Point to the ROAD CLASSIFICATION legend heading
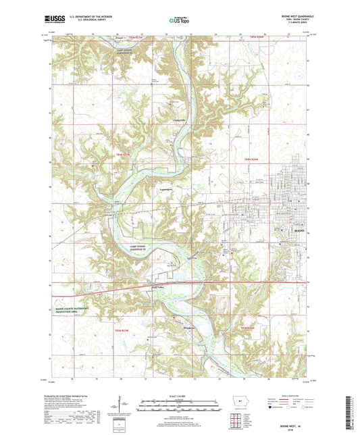pyautogui.click(x=288, y=395)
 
